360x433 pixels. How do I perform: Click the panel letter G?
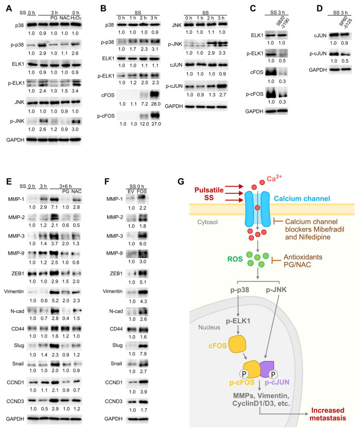[181, 182]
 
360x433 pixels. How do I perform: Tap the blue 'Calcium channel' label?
[302, 198]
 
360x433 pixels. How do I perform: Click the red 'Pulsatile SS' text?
[209, 193]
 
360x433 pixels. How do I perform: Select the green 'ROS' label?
[235, 259]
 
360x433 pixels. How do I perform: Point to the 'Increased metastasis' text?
[328, 414]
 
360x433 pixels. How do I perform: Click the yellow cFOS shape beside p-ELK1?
[237, 344]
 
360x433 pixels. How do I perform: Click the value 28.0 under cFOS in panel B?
[156, 104]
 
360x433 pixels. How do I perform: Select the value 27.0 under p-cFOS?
[156, 124]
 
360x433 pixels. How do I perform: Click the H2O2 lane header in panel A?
[76, 18]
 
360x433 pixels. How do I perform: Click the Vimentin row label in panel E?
[14, 291]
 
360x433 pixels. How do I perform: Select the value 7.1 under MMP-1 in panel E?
[54, 207]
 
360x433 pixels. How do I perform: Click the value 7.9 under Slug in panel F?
[143, 354]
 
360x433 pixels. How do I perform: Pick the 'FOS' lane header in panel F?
[142, 192]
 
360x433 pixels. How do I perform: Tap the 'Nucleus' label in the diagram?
[209, 327]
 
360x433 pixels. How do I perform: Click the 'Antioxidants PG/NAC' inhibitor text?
[303, 260]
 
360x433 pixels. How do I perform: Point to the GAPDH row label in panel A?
[15, 140]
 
